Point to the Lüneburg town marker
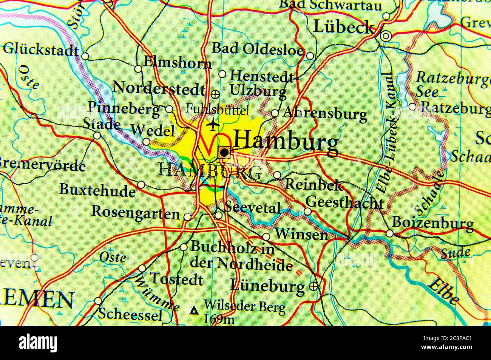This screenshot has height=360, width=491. point(313,286)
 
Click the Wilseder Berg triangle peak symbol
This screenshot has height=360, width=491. point(195,311)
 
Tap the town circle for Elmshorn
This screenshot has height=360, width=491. point(139,69)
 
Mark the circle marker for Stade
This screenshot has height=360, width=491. point(97,136)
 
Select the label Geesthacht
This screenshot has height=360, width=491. point(345,203)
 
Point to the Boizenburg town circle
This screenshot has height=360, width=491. point(389,233)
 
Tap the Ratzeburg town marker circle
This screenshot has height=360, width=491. point(412,107)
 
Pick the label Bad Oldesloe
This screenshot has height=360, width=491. point(258,49)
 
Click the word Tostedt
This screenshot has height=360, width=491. point(176,280)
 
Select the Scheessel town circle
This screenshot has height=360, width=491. point(98,301)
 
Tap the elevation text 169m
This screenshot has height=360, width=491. point(219,320)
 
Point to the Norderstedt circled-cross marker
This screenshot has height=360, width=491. point(215,93)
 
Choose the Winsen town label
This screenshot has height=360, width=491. point(301,235)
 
